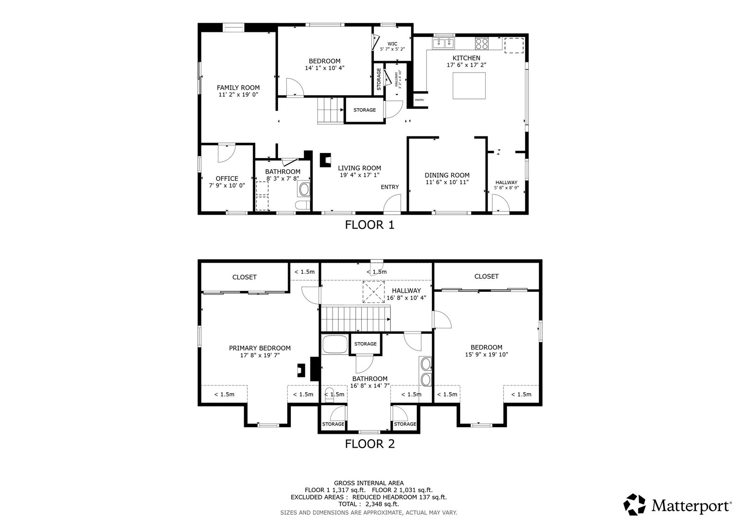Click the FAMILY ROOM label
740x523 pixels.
click(238, 87)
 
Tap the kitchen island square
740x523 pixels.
click(469, 86)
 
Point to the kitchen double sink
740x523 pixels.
click(444, 44)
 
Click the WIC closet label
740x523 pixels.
click(392, 44)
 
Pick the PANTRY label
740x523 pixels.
click(419, 100)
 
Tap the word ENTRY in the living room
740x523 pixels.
click(389, 187)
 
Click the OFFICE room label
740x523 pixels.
click(227, 178)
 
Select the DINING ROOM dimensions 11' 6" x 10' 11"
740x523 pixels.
click(447, 182)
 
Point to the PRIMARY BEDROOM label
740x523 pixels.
click(259, 348)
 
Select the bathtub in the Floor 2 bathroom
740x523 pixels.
click(334, 345)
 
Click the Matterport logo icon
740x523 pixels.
click(636, 505)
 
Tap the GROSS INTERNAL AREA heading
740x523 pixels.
click(369, 483)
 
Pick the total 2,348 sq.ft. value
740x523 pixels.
click(382, 504)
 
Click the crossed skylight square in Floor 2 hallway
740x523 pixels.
click(373, 292)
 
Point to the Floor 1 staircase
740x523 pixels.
click(329, 111)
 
